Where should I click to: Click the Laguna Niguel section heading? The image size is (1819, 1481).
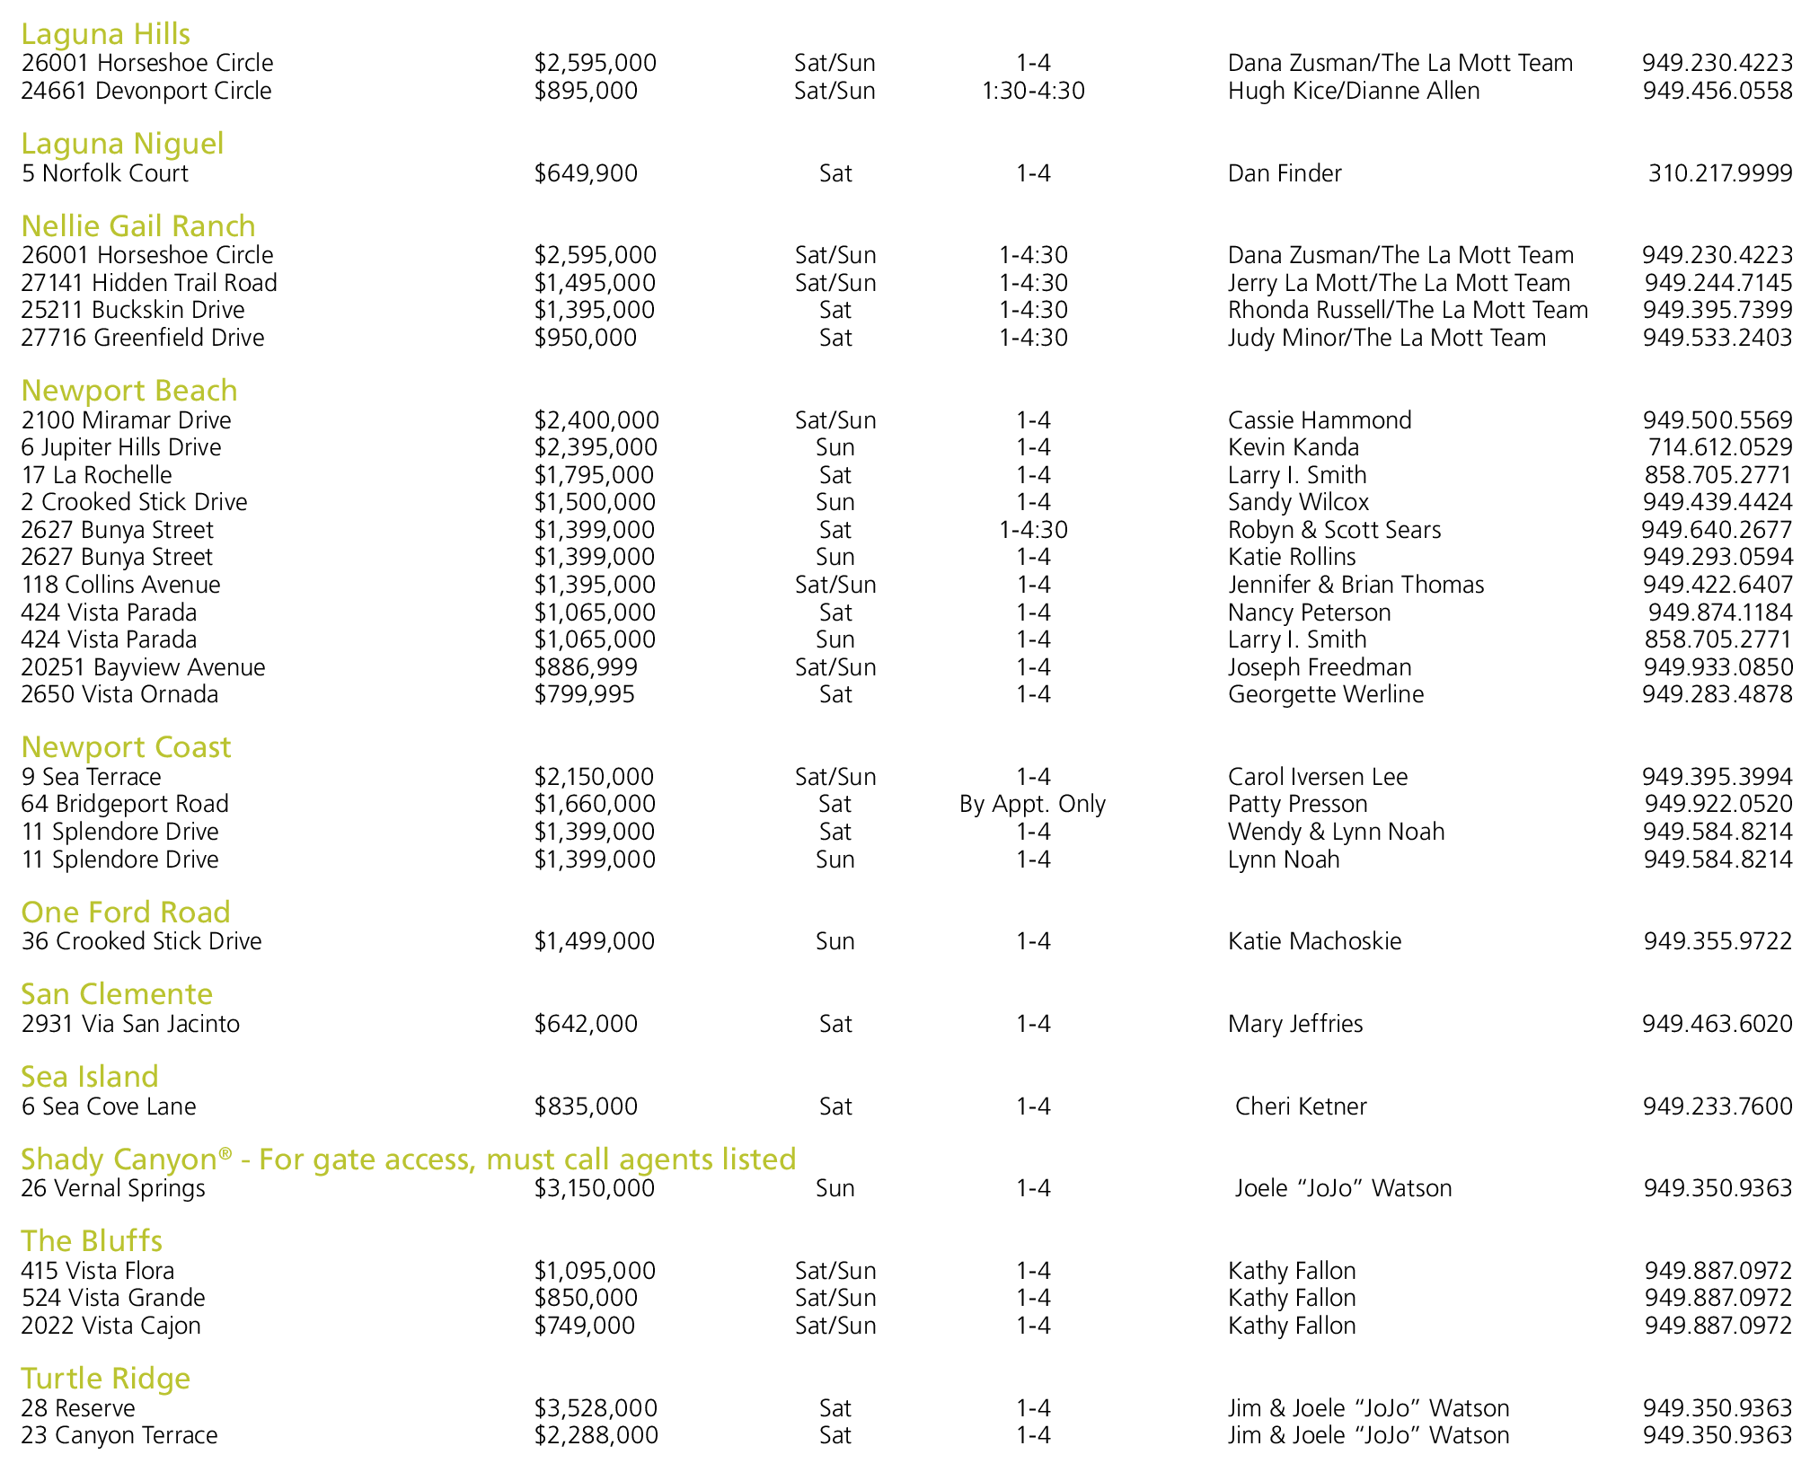pyautogui.click(x=122, y=144)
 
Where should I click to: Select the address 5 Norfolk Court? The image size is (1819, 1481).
pyautogui.click(x=105, y=173)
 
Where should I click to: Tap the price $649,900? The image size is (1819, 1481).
pyautogui.click(x=586, y=173)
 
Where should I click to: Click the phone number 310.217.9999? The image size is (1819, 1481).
pyautogui.click(x=1719, y=173)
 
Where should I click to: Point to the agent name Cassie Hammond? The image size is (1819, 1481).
pyautogui.click(x=1320, y=420)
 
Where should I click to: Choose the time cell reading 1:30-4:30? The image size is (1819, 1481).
pyautogui.click(x=1033, y=91)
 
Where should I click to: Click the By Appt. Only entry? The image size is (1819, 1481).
pyautogui.click(x=1032, y=804)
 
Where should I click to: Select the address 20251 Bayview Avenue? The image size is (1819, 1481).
pyautogui.click(x=143, y=667)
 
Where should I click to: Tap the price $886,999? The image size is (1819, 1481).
pyautogui.click(x=586, y=667)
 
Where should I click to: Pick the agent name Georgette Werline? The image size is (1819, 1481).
pyautogui.click(x=1326, y=694)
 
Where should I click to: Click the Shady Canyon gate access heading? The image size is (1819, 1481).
pyautogui.click(x=409, y=1159)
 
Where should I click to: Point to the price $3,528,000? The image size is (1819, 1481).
pyautogui.click(x=596, y=1408)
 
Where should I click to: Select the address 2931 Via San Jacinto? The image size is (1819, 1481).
pyautogui.click(x=130, y=1024)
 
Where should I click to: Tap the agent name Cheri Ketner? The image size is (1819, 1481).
pyautogui.click(x=1301, y=1106)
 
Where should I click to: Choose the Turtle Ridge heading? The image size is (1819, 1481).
pyautogui.click(x=106, y=1379)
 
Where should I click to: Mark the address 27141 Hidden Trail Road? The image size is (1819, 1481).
pyautogui.click(x=149, y=283)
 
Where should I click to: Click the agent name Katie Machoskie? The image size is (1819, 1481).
pyautogui.click(x=1314, y=941)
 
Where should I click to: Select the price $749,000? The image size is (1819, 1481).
pyautogui.click(x=585, y=1326)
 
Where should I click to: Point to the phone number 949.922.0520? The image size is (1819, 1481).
pyautogui.click(x=1717, y=804)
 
